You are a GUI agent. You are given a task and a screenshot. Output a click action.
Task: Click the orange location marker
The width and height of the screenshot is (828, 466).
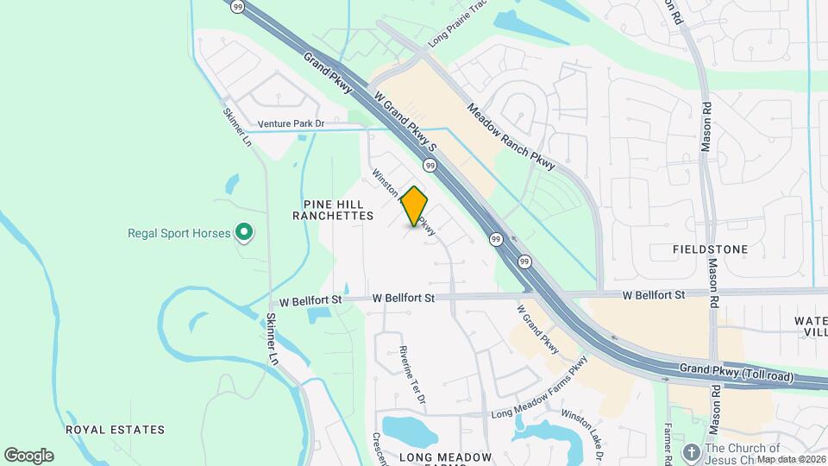point(415,205)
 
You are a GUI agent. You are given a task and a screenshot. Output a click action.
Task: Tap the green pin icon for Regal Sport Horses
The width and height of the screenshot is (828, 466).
point(244,231)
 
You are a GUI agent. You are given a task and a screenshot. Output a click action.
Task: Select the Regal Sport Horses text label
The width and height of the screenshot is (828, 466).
point(179,233)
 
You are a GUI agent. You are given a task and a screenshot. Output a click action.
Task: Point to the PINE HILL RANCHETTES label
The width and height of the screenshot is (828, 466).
point(338,210)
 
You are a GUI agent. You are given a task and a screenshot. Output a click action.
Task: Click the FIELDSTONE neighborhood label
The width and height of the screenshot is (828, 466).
point(710,249)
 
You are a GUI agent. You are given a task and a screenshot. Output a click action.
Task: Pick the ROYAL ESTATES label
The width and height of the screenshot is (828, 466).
point(116,429)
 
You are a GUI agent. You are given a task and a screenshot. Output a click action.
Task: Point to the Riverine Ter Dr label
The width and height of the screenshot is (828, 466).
point(412,375)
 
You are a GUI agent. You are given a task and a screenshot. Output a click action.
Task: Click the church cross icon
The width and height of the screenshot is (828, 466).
point(691,452)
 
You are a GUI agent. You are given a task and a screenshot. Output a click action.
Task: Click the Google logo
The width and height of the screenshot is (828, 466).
point(28,455)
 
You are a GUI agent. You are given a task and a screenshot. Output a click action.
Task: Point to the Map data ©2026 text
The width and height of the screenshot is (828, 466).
point(792,459)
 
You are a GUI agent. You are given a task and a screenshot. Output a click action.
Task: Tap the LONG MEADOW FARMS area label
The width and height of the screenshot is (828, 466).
point(445,457)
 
